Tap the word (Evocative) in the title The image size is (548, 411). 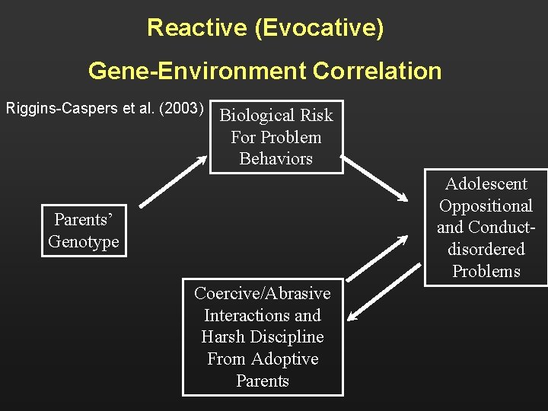pyautogui.click(x=320, y=28)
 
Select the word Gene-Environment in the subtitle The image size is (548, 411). pyautogui.click(x=196, y=71)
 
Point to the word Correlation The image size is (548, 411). pyautogui.click(x=377, y=71)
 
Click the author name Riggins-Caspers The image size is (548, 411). pyautogui.click(x=56, y=108)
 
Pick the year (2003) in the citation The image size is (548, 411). pyautogui.click(x=180, y=108)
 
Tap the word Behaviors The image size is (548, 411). pyautogui.click(x=276, y=159)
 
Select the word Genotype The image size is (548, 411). pyautogui.click(x=84, y=242)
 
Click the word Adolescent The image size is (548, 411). pyautogui.click(x=486, y=184)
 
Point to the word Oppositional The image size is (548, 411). pyautogui.click(x=486, y=206)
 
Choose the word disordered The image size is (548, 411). pyautogui.click(x=486, y=250)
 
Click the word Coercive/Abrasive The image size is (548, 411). pyautogui.click(x=262, y=294)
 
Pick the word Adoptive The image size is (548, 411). pyautogui.click(x=284, y=359)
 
